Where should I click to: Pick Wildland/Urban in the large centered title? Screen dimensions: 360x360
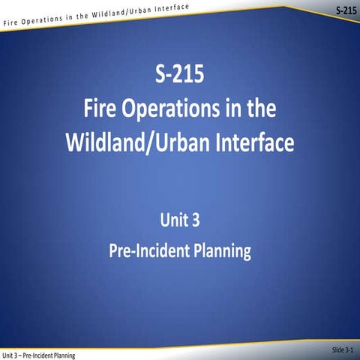pos(136,142)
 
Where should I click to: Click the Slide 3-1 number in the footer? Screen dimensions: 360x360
pos(346,349)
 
